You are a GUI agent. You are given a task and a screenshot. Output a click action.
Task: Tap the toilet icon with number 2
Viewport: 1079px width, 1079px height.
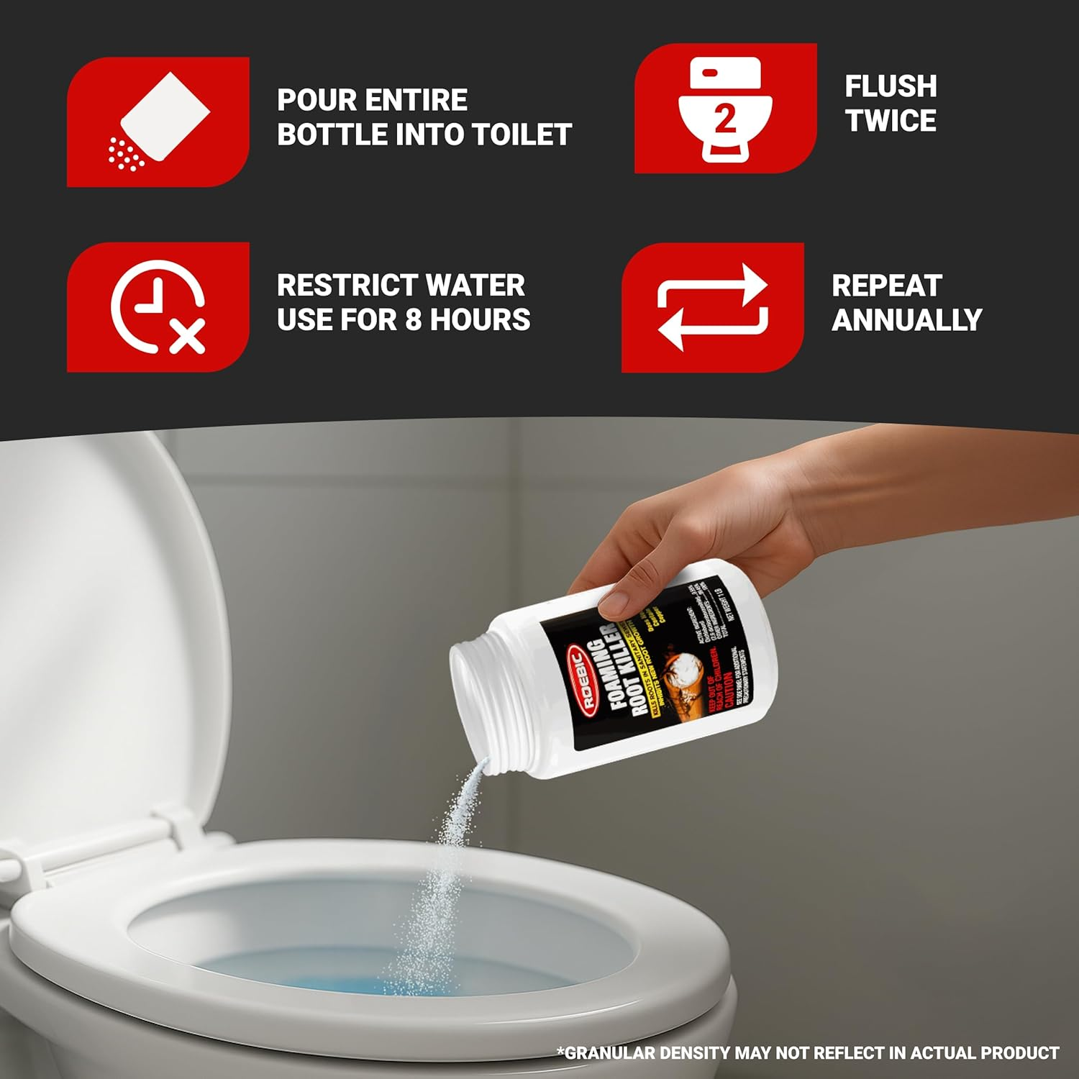tap(725, 108)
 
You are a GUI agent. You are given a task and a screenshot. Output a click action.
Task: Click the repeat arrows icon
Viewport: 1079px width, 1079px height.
tap(712, 307)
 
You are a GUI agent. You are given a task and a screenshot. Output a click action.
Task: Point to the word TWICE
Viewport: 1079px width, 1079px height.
tap(891, 121)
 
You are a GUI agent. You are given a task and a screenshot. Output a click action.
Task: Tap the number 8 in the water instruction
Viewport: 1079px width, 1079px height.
tap(413, 319)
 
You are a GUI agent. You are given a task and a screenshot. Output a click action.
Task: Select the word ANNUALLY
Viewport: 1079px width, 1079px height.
tap(906, 319)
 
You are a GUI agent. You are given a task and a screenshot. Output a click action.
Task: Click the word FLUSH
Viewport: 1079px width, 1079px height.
tap(891, 86)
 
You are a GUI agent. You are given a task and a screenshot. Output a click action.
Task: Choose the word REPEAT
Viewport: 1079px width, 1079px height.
tap(886, 286)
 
